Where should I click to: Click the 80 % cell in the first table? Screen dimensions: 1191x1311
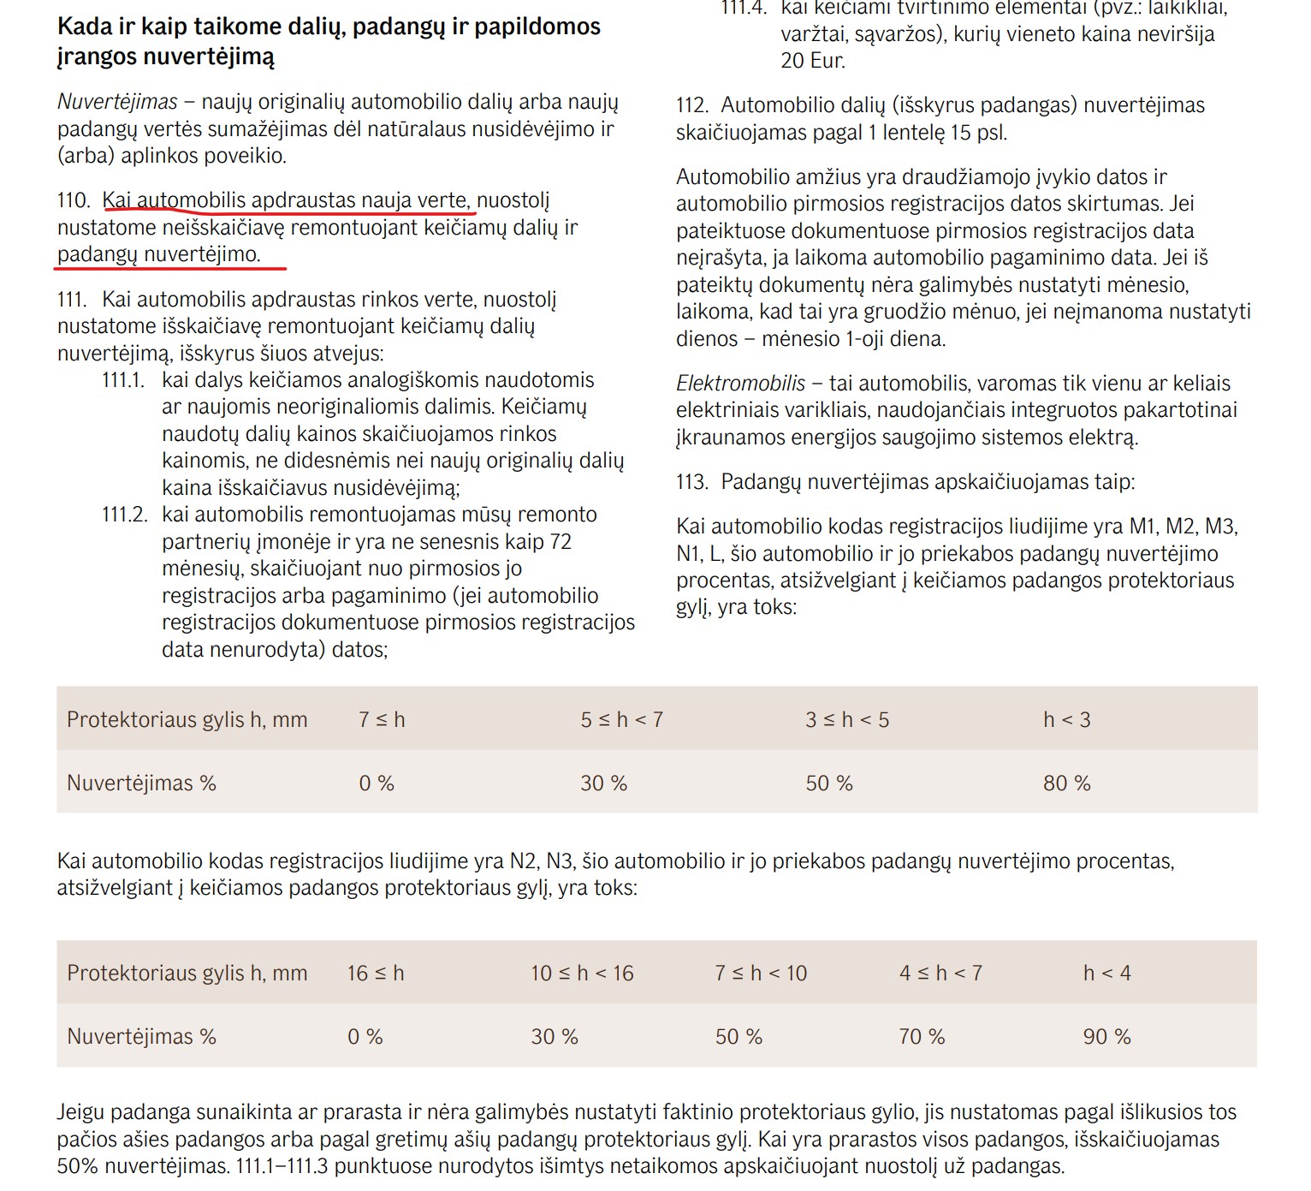click(1066, 783)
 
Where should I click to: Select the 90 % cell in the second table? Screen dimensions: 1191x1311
click(1106, 1036)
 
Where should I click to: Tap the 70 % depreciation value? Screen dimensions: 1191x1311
click(922, 1036)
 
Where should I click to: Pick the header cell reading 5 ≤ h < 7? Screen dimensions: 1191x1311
click(621, 719)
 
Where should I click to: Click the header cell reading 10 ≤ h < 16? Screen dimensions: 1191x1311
click(582, 973)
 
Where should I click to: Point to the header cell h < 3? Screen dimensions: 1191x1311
click(1066, 719)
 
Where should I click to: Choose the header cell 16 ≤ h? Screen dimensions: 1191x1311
click(376, 973)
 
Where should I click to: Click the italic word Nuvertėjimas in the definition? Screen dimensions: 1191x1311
click(117, 102)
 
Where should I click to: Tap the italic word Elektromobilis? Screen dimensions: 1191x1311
click(740, 383)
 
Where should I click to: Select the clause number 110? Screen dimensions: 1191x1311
click(74, 200)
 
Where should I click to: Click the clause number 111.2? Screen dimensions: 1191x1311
click(124, 515)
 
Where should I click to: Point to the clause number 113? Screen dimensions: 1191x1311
click(691, 482)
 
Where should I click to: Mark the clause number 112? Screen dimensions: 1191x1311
click(691, 105)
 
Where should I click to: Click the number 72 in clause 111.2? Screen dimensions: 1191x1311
click(561, 542)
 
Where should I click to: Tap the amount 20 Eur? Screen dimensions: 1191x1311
click(812, 61)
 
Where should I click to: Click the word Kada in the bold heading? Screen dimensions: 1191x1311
click(85, 27)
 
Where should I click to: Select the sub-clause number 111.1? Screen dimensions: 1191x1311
click(123, 380)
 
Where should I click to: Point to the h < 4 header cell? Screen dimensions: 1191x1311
click(1106, 973)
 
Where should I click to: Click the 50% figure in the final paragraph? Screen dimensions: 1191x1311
click(78, 1166)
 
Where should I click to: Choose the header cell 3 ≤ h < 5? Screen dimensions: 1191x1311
click(846, 719)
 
